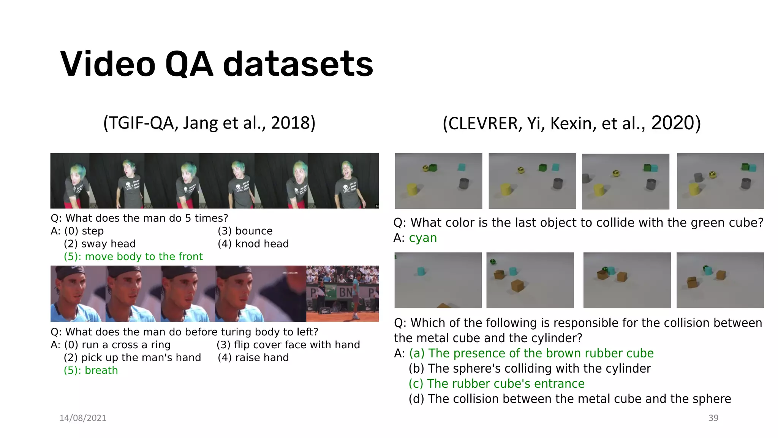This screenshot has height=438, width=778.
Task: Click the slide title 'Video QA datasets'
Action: (x=217, y=64)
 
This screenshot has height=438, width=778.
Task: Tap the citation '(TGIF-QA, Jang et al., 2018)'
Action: (x=209, y=123)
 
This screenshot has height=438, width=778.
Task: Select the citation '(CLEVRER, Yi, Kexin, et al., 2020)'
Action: (x=571, y=123)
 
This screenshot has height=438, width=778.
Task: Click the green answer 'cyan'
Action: (x=423, y=238)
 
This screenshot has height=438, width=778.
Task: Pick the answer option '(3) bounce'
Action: (x=245, y=231)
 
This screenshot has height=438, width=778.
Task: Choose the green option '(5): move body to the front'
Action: (x=133, y=257)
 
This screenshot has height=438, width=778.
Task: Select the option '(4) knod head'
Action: (x=253, y=244)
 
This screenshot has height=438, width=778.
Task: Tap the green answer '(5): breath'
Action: (x=91, y=370)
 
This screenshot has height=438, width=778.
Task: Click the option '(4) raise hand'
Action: (x=253, y=358)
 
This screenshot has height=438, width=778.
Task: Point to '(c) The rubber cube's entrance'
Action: (x=497, y=384)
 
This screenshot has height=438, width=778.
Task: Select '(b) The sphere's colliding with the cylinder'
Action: (x=530, y=368)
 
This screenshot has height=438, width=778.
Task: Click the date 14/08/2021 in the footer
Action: (x=83, y=418)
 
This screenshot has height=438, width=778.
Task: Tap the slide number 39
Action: (x=713, y=418)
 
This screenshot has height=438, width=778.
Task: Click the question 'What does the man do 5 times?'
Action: (x=146, y=218)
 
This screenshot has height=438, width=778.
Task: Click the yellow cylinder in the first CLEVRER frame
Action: (x=412, y=189)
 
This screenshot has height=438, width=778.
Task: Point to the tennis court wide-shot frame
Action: (x=342, y=294)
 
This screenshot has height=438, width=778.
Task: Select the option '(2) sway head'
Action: (x=100, y=244)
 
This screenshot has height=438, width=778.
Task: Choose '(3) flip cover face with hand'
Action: (x=288, y=345)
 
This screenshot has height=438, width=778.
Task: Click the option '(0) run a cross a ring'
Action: (x=117, y=345)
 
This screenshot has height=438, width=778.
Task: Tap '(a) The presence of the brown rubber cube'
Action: (x=531, y=353)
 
